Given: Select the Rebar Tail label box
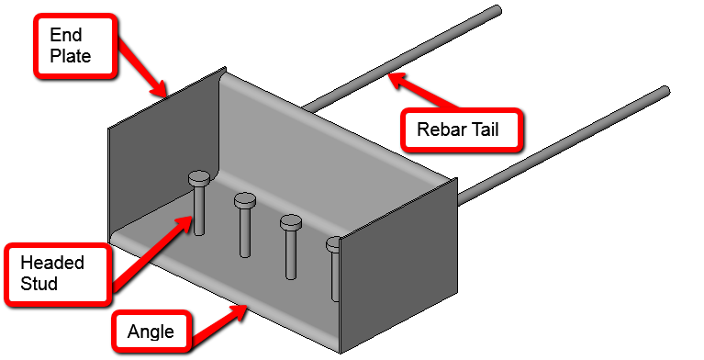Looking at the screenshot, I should pyautogui.click(x=461, y=129).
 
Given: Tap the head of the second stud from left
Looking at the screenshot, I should pyautogui.click(x=245, y=199).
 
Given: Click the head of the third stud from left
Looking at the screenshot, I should pyautogui.click(x=291, y=222).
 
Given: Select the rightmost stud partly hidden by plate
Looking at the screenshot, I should pyautogui.click(x=334, y=271).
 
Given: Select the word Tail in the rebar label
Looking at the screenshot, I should pyautogui.click(x=484, y=129).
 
